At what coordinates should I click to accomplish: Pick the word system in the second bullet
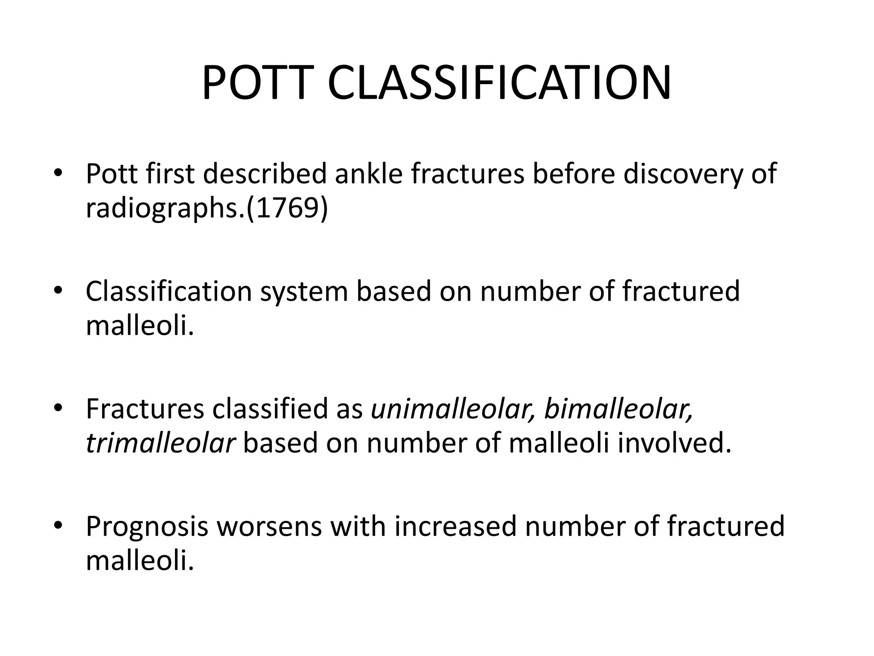[x=304, y=291]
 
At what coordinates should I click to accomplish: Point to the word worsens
[x=269, y=527]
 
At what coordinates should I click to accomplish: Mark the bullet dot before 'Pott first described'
[x=58, y=173]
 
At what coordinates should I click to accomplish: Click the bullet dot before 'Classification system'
[x=58, y=290]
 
